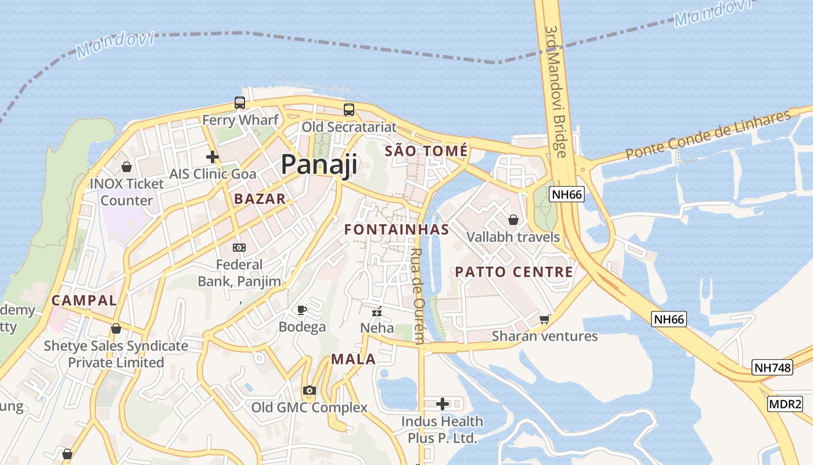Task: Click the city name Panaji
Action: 319,164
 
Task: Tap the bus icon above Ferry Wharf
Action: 239,103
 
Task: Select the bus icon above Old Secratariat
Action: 348,109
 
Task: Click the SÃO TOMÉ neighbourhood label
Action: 426,151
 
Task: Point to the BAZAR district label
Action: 260,199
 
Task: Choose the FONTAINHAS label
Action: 397,230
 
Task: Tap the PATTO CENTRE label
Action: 514,272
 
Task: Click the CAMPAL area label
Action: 84,301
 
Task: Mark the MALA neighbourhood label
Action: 354,359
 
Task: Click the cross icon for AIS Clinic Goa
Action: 213,156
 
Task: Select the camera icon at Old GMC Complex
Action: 310,390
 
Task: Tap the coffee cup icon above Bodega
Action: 301,309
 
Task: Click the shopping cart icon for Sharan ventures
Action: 544,319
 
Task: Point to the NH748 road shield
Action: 772,367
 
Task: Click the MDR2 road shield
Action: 785,404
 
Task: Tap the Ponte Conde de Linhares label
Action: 708,135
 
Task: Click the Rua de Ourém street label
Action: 418,296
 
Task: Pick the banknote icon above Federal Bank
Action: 239,248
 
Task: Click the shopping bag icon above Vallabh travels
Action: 513,220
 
